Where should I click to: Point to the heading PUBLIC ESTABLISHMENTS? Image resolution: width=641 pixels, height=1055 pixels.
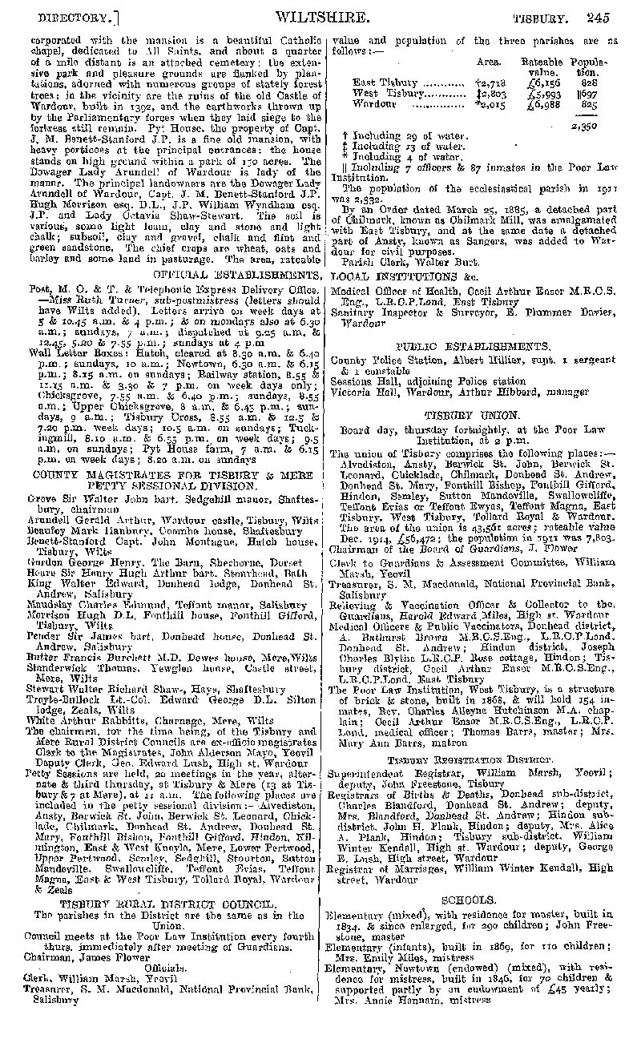coord(472,346)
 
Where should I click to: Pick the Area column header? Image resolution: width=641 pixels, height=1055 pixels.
coord(489,61)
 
